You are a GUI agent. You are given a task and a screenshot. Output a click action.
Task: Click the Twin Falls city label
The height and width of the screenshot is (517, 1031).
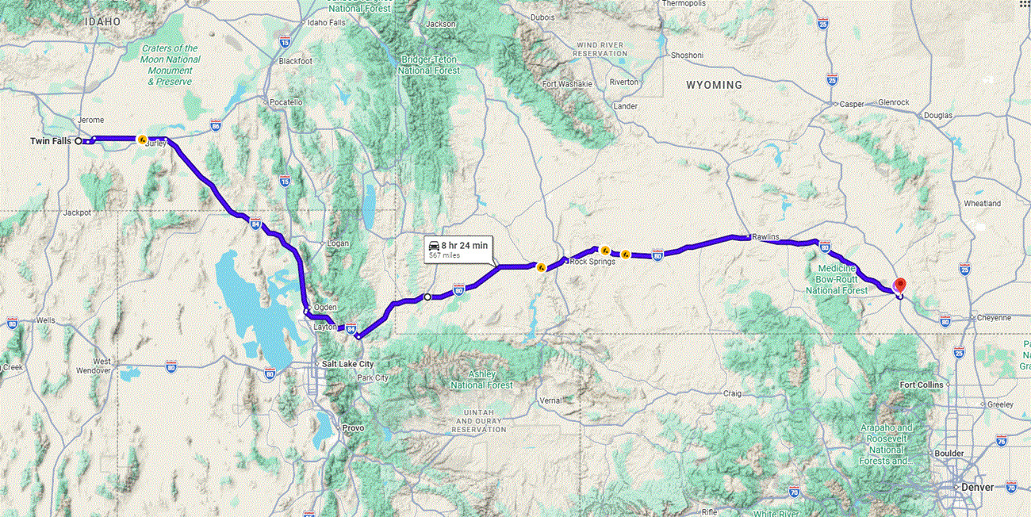(x=50, y=141)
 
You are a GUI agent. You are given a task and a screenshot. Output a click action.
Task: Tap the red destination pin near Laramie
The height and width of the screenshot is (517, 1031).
(x=899, y=285)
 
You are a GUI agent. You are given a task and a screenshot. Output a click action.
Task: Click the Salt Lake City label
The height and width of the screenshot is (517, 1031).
(x=347, y=364)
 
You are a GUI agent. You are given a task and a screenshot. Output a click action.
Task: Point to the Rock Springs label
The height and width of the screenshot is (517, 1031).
(x=592, y=261)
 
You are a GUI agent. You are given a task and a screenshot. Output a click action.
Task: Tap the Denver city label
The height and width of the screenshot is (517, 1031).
(x=976, y=487)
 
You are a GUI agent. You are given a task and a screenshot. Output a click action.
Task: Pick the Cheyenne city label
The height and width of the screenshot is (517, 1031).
(x=994, y=317)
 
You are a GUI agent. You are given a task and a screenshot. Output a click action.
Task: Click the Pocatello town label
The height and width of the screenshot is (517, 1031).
(x=286, y=102)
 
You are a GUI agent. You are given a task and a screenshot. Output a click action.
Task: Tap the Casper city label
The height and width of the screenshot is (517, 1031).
(x=852, y=104)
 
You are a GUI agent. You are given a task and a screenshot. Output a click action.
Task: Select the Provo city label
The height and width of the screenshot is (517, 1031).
(x=354, y=427)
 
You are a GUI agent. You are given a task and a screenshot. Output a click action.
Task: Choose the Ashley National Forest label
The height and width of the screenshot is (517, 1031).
(x=481, y=379)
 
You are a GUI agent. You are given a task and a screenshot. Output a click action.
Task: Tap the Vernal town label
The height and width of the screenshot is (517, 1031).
(x=550, y=400)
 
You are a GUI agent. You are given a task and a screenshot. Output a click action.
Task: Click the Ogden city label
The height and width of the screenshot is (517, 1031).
(x=326, y=307)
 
